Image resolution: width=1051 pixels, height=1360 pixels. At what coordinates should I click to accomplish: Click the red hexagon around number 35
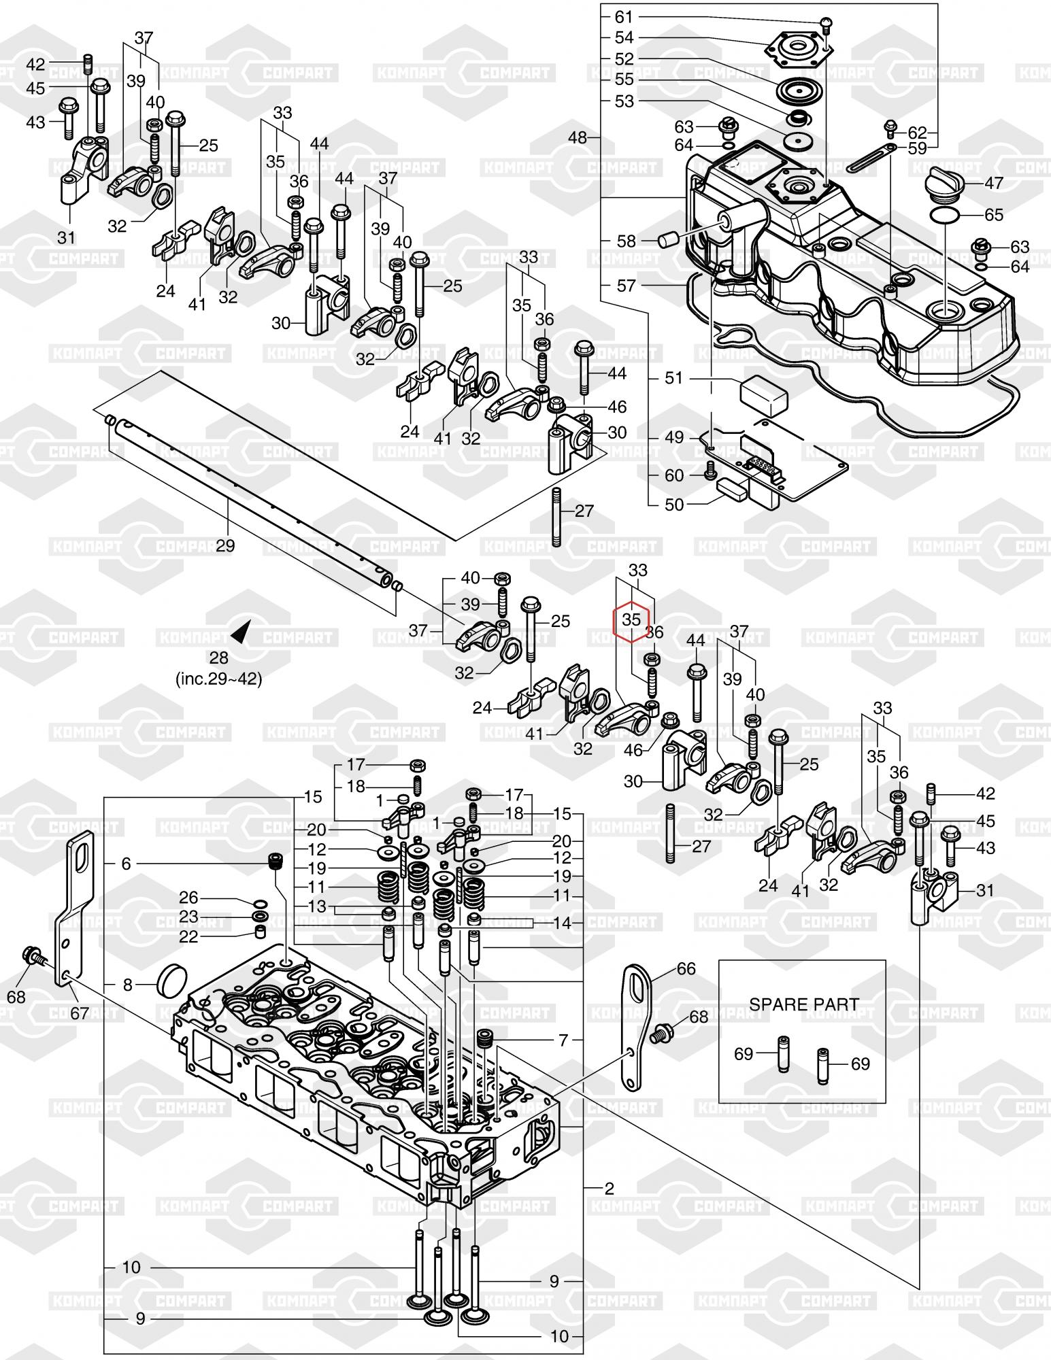(631, 620)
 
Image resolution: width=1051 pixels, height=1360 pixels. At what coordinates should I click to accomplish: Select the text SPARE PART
(803, 1004)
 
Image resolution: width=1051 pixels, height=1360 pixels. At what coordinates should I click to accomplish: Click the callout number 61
(624, 16)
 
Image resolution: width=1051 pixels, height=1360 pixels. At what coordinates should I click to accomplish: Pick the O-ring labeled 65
(946, 216)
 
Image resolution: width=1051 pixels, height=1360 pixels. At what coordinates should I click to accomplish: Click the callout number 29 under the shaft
(225, 545)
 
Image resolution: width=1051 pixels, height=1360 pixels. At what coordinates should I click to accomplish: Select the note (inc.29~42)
(219, 679)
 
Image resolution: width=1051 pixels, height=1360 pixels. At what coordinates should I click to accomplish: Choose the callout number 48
(578, 138)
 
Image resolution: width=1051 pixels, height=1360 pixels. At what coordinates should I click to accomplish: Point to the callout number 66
(686, 968)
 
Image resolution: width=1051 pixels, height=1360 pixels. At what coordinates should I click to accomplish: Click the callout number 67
(80, 1013)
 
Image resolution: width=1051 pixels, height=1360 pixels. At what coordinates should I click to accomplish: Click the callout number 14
(562, 923)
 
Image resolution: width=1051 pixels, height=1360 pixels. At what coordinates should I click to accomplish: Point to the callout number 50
(673, 505)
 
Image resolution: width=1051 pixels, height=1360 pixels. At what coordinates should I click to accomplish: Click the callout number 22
(188, 936)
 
